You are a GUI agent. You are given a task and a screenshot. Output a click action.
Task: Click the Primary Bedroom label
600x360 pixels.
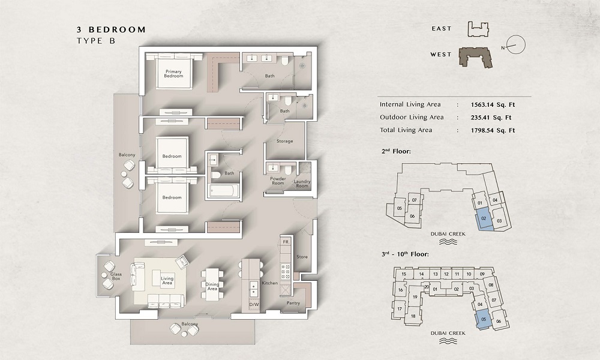point(173,73)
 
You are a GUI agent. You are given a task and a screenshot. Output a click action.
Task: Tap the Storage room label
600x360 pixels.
point(284,141)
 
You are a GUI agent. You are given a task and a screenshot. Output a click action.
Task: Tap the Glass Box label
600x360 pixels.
point(116,276)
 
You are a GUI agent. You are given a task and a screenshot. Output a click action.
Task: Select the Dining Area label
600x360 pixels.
point(212,286)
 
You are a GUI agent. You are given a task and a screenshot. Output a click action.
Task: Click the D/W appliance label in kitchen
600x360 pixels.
point(253,305)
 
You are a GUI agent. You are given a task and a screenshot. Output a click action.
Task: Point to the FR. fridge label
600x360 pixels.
point(286,241)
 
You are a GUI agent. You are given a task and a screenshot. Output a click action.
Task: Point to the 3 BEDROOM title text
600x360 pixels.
point(111,29)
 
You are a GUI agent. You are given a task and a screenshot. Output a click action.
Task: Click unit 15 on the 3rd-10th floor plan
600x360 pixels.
point(404,274)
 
